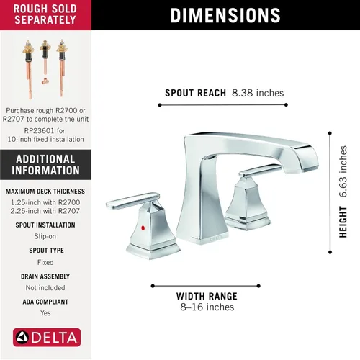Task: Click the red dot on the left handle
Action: coord(143,228)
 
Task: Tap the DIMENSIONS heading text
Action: coord(225,15)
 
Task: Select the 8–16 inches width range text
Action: coord(207,307)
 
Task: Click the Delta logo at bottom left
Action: coord(47,338)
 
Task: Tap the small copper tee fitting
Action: coord(45,82)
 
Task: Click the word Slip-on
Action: coord(45,236)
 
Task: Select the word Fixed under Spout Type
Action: coord(45,262)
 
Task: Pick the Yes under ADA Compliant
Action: coord(45,313)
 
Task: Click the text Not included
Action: coord(45,287)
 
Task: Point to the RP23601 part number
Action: coord(40,131)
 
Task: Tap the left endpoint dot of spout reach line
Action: coord(160,105)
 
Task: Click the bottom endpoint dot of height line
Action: coord(330,252)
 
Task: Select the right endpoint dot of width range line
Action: coord(258,286)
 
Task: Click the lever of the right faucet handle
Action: coord(261,170)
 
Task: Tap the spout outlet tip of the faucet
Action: coord(301,170)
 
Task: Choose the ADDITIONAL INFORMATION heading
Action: coord(45,165)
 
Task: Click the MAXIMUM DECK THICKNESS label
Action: coord(45,192)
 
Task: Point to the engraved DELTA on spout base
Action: coord(216,238)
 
